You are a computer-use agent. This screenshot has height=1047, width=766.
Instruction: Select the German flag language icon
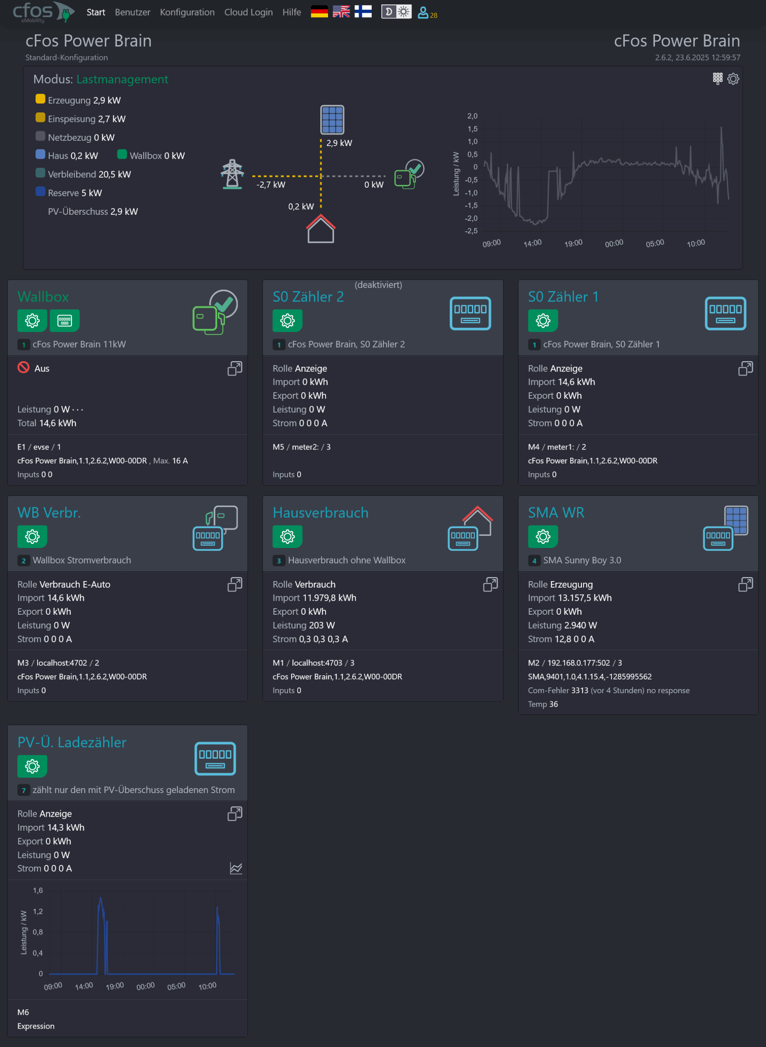tap(319, 11)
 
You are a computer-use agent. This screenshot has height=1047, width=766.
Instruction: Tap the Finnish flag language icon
tap(363, 11)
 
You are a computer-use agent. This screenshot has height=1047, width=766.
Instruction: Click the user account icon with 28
tap(427, 13)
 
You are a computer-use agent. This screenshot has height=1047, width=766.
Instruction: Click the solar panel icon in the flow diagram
tap(332, 120)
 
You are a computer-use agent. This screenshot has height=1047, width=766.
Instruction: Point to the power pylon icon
tap(232, 174)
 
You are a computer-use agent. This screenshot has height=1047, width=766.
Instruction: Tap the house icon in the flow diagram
tap(320, 229)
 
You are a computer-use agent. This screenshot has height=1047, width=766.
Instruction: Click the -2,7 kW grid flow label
tap(271, 184)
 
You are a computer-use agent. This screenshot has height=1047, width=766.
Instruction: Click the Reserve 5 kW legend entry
tap(69, 193)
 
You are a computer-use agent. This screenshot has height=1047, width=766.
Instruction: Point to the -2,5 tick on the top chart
tap(471, 231)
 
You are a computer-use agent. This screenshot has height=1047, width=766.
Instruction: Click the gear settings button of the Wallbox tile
tap(32, 320)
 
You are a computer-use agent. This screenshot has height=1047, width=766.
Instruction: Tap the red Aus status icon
tap(23, 368)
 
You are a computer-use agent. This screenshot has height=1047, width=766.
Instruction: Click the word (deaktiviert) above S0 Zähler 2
tap(378, 285)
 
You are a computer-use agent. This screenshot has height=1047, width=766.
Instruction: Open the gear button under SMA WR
tap(543, 537)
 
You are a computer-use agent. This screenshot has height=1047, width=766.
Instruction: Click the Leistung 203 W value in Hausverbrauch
tap(304, 625)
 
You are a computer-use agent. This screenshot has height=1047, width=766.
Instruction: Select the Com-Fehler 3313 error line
tap(609, 690)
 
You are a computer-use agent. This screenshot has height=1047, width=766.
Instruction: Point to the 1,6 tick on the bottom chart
tap(38, 890)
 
